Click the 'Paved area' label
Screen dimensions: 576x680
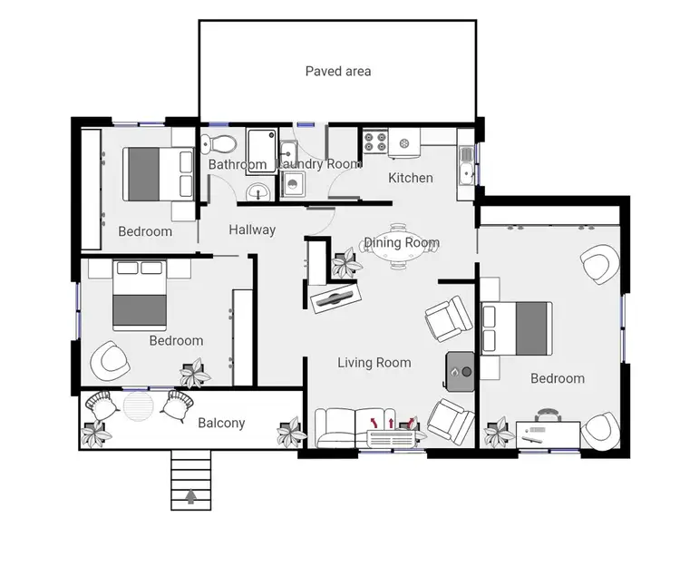[337, 71]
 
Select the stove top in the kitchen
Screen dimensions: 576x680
[375, 142]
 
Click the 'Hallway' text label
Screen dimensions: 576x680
[252, 229]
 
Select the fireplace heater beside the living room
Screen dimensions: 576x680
[461, 369]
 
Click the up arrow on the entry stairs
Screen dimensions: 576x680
[190, 496]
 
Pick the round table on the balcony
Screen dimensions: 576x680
[139, 405]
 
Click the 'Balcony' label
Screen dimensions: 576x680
[221, 423]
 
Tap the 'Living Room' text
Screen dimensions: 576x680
[374, 363]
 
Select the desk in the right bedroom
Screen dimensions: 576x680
[549, 433]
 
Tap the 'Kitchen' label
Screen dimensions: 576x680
[411, 178]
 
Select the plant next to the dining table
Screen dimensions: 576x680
[344, 264]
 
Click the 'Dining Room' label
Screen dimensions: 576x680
[402, 243]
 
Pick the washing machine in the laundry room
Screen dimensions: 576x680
[293, 185]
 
